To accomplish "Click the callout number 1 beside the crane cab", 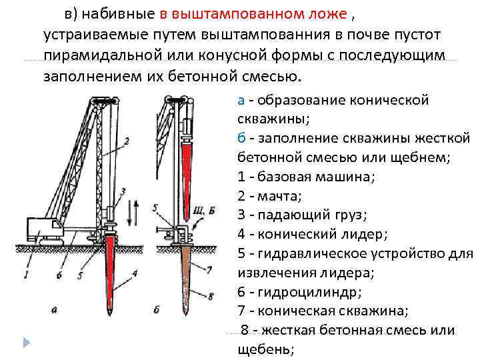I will pos(25,273).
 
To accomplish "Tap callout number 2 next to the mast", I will pos(126,141).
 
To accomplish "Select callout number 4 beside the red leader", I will pos(135,272).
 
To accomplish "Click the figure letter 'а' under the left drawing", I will pos(54,309).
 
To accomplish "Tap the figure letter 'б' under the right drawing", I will pos(156,309).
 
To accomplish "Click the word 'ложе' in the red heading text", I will pos(329,14).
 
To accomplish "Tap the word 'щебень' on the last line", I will pos(265,349).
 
